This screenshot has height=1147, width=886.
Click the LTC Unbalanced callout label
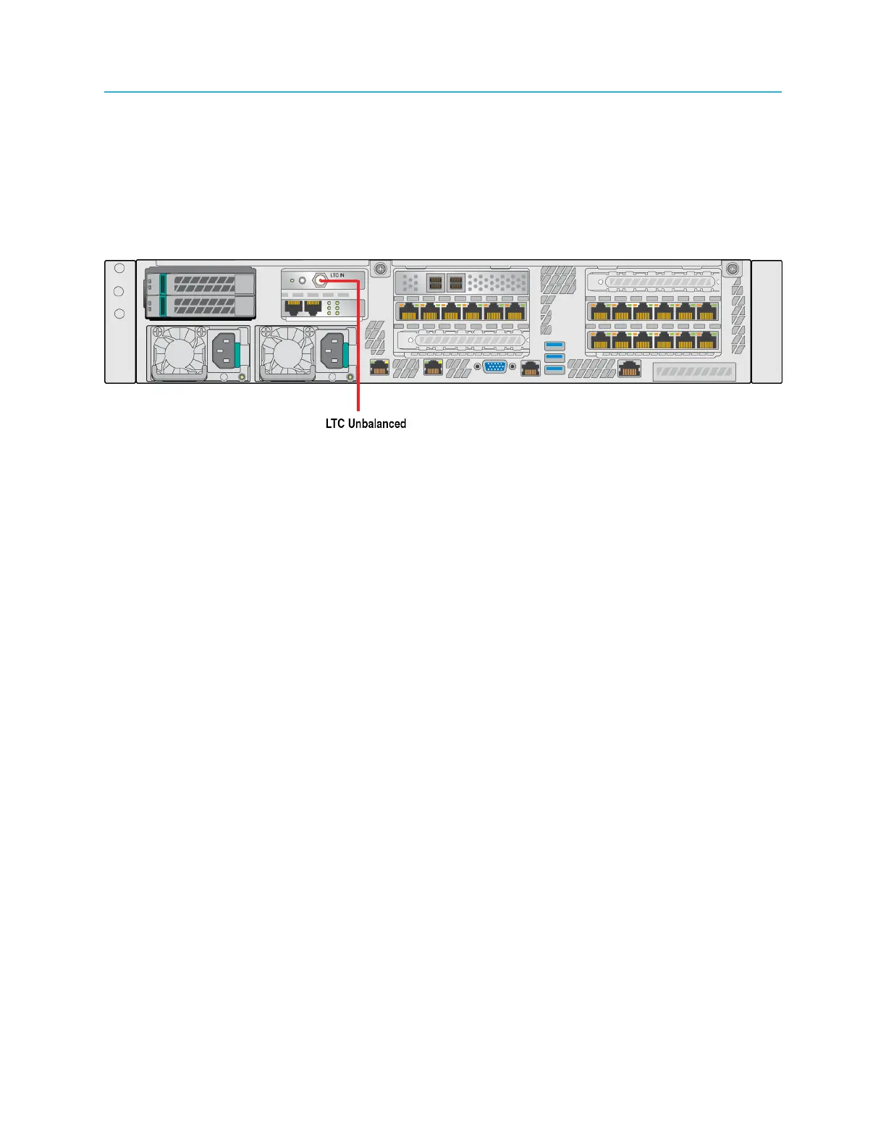[x=366, y=424]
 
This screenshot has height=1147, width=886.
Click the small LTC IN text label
[x=337, y=275]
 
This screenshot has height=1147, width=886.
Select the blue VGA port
[x=495, y=367]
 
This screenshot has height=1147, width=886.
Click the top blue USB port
[x=554, y=345]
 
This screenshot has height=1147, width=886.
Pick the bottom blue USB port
[x=554, y=370]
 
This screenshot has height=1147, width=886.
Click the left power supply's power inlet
[x=224, y=353]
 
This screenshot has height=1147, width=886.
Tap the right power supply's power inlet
[x=334, y=353]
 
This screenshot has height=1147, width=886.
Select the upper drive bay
[x=201, y=282]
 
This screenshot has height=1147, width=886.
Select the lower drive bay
[x=201, y=306]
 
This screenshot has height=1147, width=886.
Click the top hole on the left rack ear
[x=120, y=268]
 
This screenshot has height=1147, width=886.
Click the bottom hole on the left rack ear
[x=120, y=314]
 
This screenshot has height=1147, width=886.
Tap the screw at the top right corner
[x=732, y=269]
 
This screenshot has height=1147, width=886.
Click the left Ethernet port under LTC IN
[x=293, y=307]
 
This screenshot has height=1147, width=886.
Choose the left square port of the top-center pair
[x=435, y=282]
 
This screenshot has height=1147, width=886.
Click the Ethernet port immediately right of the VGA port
[x=531, y=369]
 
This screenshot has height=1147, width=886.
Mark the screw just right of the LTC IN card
[x=379, y=269]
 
